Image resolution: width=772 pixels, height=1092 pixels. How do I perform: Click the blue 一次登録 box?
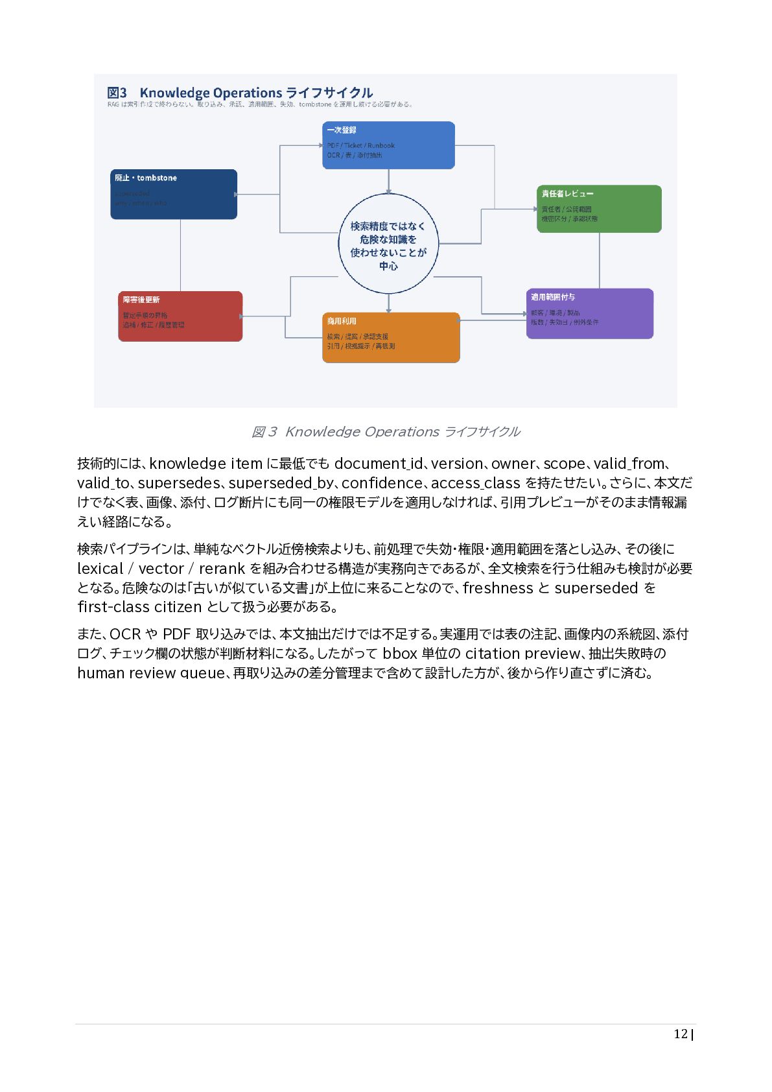[x=388, y=145]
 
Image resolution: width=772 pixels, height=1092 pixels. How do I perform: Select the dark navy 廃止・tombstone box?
[x=174, y=194]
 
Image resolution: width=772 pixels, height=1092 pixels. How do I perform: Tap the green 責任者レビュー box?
[x=599, y=209]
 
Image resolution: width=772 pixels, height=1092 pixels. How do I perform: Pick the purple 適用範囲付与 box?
[x=589, y=313]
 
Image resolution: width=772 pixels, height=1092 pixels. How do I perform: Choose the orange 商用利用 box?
[x=391, y=337]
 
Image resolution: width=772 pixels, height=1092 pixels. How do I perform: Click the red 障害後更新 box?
[x=180, y=316]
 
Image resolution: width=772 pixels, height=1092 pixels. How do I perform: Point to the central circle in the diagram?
[x=388, y=244]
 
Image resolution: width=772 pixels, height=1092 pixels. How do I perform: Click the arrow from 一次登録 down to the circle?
[x=388, y=181]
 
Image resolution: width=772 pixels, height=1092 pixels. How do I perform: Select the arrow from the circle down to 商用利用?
[x=388, y=303]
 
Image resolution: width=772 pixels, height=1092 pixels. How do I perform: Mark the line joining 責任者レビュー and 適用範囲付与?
[x=599, y=260]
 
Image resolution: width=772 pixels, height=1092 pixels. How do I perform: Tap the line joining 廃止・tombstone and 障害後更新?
[x=180, y=255]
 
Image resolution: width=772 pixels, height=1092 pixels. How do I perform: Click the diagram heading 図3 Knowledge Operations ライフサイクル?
[x=240, y=93]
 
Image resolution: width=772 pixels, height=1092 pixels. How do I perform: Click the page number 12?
[x=680, y=1034]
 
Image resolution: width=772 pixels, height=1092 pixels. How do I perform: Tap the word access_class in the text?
[x=475, y=483]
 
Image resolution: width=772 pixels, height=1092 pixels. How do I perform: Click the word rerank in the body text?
[x=222, y=569]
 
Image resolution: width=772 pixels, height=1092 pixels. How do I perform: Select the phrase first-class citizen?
[x=139, y=607]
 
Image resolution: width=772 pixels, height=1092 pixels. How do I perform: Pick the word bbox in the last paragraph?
[x=400, y=653]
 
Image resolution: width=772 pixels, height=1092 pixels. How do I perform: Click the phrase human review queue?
[x=150, y=673]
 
